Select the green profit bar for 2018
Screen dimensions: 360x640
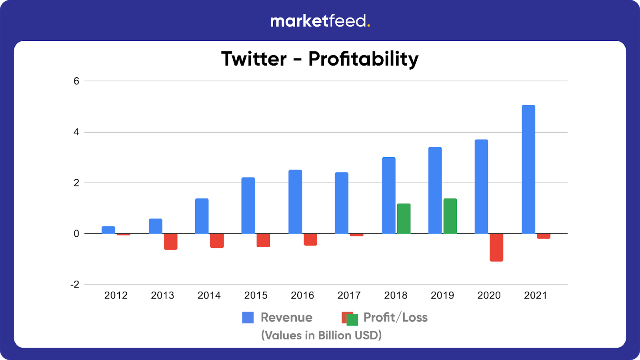click(x=404, y=218)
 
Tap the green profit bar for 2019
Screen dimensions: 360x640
click(x=450, y=216)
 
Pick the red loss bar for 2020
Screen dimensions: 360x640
click(x=496, y=247)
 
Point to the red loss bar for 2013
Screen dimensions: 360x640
click(x=171, y=241)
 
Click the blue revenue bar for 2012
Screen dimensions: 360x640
click(x=108, y=230)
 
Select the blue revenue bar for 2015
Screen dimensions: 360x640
click(x=248, y=205)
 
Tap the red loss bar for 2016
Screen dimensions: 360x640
click(x=310, y=239)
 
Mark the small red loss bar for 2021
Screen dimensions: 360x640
click(x=544, y=236)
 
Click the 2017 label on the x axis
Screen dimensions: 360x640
click(x=349, y=295)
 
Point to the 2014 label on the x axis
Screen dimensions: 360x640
click(x=209, y=295)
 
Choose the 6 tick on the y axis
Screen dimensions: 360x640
click(x=76, y=81)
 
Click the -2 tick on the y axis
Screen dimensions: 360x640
click(x=75, y=284)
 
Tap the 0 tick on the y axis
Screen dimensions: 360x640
click(x=76, y=234)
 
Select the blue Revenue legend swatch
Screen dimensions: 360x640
click(x=248, y=318)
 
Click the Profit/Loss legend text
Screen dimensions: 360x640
click(x=395, y=318)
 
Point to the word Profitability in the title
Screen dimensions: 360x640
click(x=363, y=59)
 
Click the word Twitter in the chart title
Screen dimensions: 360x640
click(x=254, y=59)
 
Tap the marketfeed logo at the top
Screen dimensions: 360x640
click(x=320, y=21)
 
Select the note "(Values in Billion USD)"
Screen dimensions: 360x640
click(x=321, y=335)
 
